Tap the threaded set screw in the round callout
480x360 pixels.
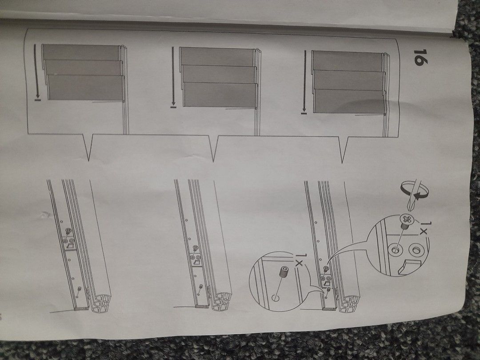tap(284, 272)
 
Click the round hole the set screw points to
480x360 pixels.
tap(275, 297)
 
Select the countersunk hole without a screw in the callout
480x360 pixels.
tap(416, 250)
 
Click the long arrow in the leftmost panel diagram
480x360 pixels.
tap(36, 70)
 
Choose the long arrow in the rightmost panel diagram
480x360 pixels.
tap(304, 81)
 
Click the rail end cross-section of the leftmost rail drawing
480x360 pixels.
tap(102, 301)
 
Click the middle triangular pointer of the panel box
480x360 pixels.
tap(214, 148)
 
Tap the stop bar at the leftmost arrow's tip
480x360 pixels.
tap(38, 100)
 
